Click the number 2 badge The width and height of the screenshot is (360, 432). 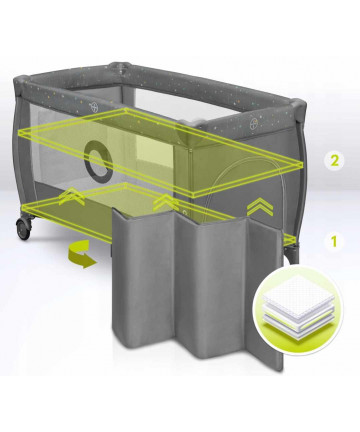(x=335, y=161)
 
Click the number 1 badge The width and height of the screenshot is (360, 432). (x=334, y=242)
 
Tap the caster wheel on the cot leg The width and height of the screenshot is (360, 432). (x=23, y=229)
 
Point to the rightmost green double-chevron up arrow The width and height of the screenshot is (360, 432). (x=259, y=208)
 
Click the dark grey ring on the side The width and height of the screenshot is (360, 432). (x=99, y=161)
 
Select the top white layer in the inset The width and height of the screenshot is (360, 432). (x=293, y=290)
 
